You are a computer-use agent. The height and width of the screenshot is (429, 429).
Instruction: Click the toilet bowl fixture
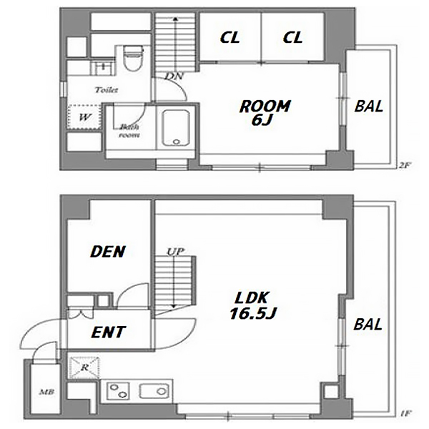(133, 58)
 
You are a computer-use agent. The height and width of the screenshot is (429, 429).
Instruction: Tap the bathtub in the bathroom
(176, 128)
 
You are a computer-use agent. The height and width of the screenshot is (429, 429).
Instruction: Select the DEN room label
(108, 252)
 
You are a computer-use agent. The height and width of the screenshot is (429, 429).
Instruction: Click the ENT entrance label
(108, 332)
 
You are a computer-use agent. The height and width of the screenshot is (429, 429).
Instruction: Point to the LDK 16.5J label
(252, 305)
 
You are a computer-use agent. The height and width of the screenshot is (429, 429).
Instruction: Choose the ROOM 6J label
(265, 113)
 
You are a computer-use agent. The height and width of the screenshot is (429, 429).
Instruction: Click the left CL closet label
(230, 37)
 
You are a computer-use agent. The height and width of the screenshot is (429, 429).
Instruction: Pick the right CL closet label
(292, 37)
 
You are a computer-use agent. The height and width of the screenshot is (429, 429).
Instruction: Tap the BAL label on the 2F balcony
(368, 106)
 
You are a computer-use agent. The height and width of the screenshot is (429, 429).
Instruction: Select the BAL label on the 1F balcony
(368, 325)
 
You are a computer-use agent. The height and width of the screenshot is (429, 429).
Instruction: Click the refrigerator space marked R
(84, 368)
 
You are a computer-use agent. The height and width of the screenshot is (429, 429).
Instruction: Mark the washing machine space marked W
(84, 117)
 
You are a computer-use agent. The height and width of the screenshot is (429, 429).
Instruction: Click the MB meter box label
(46, 392)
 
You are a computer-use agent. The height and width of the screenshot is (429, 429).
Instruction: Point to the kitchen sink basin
(154, 391)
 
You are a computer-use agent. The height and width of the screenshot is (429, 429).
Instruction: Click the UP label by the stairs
(175, 252)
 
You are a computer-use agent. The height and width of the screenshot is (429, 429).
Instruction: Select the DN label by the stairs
(174, 76)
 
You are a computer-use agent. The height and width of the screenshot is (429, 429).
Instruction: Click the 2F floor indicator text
(404, 165)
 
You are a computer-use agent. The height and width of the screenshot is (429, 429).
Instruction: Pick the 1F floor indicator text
(405, 413)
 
